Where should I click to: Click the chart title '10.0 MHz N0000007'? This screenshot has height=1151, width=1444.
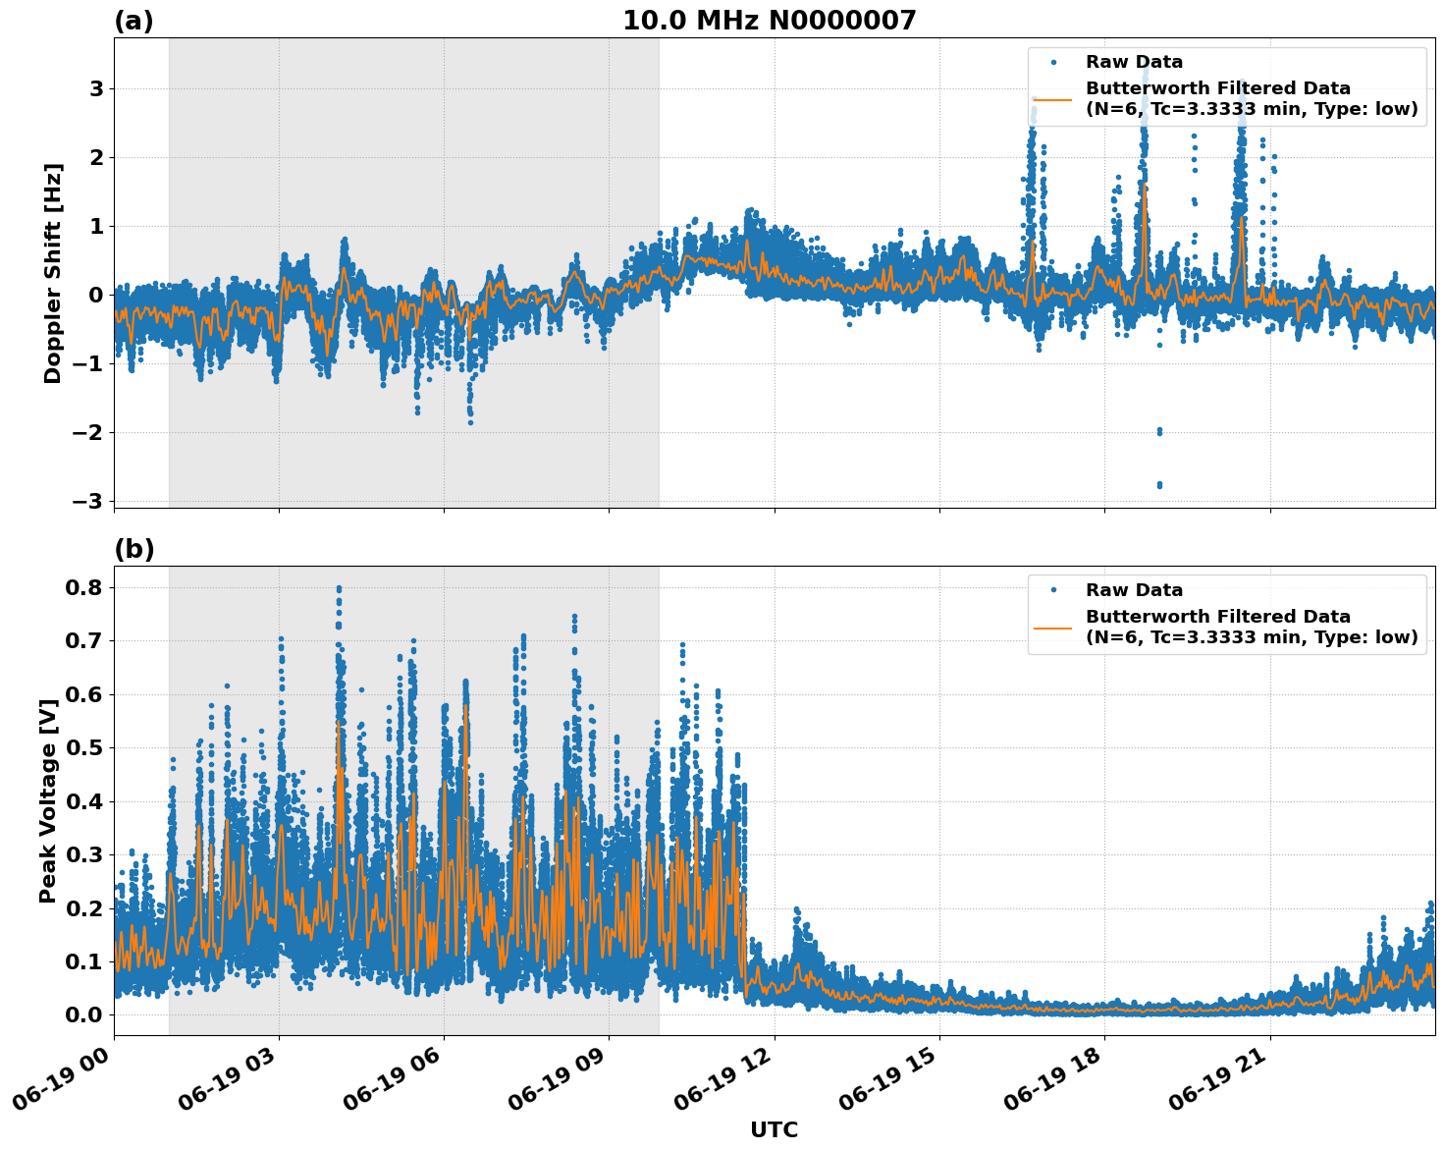pos(769,21)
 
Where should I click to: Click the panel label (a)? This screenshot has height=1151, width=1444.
pos(134,21)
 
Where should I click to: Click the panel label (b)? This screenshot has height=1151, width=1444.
pos(134,549)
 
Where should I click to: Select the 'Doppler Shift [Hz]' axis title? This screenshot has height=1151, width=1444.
pos(53,273)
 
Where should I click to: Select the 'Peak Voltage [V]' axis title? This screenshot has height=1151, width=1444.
pos(48,800)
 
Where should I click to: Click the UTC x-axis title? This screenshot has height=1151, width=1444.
pos(774,1129)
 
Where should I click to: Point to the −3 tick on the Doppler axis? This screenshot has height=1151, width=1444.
pos(87,501)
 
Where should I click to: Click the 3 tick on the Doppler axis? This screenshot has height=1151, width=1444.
pos(96,88)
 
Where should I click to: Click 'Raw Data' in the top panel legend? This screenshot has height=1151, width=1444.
pos(1134,62)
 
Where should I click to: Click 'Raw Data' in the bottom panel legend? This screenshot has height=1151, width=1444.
pos(1134,590)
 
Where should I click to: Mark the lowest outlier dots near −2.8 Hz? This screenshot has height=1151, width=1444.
pos(1159,484)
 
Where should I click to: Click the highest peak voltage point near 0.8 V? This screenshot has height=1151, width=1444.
pos(339,589)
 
